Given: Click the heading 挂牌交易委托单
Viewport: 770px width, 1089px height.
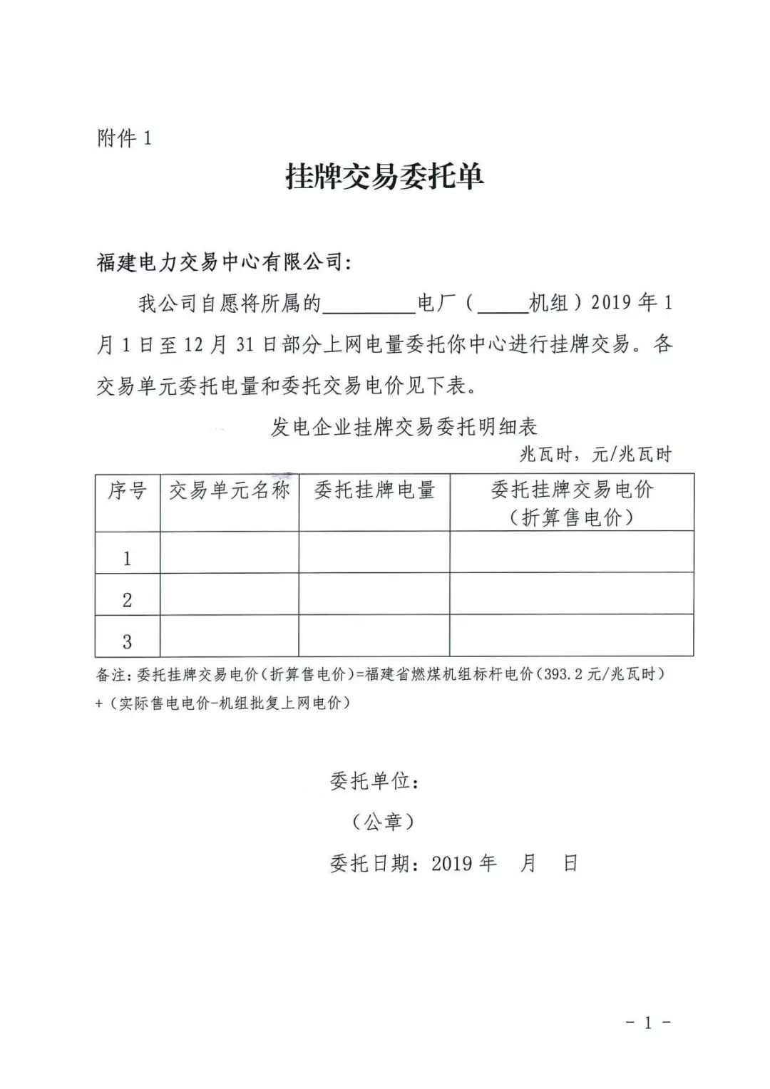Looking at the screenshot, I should click(384, 176).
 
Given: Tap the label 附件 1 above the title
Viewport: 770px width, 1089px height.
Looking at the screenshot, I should click(124, 138).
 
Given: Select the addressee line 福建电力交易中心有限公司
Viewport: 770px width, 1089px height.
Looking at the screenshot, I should click(224, 262).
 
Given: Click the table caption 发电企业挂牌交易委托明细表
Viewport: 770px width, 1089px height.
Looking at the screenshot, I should click(404, 427).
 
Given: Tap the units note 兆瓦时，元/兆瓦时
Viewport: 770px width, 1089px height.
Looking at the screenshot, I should click(595, 454).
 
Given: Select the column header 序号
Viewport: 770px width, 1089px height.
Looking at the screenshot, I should click(127, 490).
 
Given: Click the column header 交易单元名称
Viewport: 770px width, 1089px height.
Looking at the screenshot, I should click(229, 490).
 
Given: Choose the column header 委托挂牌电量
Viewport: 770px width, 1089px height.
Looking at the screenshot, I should click(374, 490).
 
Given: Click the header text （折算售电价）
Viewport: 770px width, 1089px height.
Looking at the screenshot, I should click(572, 517).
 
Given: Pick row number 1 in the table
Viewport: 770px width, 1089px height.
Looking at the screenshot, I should click(127, 557).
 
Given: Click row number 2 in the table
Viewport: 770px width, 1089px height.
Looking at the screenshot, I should click(127, 599).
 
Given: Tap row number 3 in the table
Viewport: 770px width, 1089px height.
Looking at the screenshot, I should click(127, 641).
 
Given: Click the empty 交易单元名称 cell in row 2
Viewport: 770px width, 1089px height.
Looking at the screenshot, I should click(229, 594).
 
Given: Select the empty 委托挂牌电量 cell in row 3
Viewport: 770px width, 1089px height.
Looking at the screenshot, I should click(374, 635).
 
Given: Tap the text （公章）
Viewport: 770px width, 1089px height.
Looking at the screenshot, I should click(384, 822).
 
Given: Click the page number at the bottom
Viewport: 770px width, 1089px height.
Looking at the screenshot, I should click(647, 1023).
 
